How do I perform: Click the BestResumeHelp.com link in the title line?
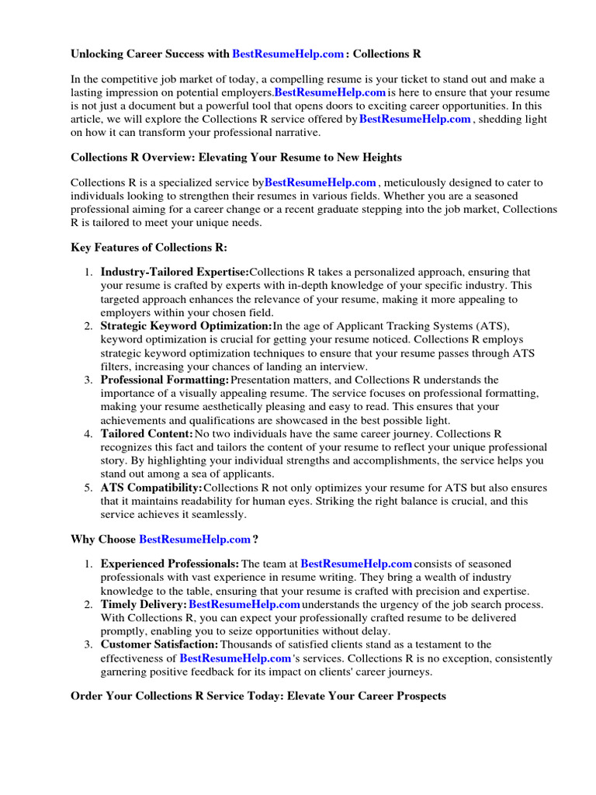click(x=288, y=54)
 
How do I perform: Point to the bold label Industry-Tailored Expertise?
click(x=175, y=273)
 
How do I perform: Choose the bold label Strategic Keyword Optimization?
click(x=186, y=326)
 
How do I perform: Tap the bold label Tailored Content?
click(x=147, y=433)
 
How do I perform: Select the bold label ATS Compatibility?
click(x=151, y=488)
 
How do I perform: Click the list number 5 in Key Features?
click(x=88, y=488)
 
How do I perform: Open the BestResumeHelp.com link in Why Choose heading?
click(x=195, y=539)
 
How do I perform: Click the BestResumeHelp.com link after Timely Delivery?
click(x=244, y=604)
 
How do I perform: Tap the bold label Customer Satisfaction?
click(x=160, y=644)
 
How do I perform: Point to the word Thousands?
click(x=248, y=644)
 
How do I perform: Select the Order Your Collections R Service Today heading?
click(x=258, y=696)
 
